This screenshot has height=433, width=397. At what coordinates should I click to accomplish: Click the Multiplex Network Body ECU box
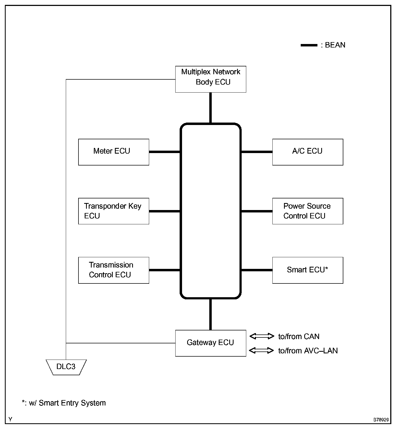click(210, 79)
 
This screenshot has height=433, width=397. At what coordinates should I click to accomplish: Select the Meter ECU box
click(114, 152)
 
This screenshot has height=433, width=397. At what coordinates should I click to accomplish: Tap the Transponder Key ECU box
click(114, 211)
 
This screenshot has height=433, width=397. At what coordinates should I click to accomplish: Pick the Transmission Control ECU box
click(114, 270)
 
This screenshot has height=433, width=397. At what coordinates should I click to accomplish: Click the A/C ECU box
click(307, 152)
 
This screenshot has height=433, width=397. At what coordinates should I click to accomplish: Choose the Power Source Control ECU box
click(307, 211)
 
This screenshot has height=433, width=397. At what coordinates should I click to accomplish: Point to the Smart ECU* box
click(307, 270)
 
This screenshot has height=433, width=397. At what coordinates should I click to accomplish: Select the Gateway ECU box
click(210, 343)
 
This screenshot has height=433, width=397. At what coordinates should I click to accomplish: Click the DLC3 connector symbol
click(66, 367)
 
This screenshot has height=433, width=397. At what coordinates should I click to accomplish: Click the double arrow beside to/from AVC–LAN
click(261, 350)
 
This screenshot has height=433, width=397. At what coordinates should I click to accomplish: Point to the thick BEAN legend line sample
click(309, 45)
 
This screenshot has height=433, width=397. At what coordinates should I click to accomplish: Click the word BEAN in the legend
click(335, 45)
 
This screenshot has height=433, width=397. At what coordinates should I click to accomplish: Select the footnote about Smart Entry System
click(64, 403)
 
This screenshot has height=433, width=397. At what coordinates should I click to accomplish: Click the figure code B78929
click(381, 420)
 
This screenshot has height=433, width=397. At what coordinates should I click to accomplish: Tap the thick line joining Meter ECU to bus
click(165, 152)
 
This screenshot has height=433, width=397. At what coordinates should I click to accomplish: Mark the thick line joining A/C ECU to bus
click(257, 152)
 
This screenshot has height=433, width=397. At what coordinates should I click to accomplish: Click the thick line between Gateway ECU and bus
click(210, 314)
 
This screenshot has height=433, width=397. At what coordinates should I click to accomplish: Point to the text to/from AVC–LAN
click(308, 351)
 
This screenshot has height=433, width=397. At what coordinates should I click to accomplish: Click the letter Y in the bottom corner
click(10, 419)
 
